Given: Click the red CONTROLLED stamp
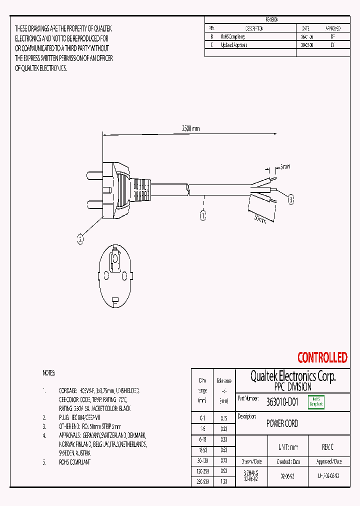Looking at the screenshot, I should click(322, 357).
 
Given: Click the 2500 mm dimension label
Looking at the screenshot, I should click(190, 128).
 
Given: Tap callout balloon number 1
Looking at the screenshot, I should click(203, 216).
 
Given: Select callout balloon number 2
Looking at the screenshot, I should click(80, 239).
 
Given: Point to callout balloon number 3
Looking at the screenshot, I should click(291, 200).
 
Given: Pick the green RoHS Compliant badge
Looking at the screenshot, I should click(316, 401).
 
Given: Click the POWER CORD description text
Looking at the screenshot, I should click(282, 423).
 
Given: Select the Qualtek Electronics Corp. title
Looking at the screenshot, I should click(292, 376).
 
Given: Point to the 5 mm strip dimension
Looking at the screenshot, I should click(284, 166).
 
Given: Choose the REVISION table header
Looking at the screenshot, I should click(272, 19).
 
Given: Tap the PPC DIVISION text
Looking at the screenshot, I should click(292, 387).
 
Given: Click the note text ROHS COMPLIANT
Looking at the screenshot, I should click(74, 462).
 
